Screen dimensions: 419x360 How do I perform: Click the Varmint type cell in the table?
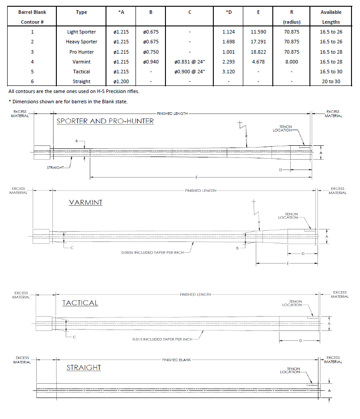[81, 62]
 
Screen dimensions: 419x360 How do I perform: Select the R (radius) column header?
[292, 17]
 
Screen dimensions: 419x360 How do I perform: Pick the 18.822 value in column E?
[258, 52]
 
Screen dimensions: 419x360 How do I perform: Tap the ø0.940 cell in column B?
[151, 62]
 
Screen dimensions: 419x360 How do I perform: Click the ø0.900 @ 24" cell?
[190, 72]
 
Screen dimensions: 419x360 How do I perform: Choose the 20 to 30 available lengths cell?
[331, 81]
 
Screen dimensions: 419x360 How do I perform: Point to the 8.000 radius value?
[292, 62]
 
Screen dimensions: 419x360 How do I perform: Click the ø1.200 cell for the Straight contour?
[121, 81]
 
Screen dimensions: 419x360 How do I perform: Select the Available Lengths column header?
[331, 17]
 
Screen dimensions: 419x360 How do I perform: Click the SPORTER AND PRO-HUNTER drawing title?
[105, 121]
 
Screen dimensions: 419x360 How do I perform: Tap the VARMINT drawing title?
[85, 203]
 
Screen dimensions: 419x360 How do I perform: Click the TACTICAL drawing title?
[80, 303]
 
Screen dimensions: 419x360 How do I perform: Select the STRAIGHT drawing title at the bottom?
[84, 368]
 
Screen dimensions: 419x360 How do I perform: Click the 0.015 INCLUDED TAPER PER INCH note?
[162, 339]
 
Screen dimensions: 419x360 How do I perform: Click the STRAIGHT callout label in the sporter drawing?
[55, 168]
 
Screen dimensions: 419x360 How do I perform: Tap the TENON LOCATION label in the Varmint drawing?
[288, 216]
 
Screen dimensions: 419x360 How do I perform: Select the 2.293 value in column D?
[229, 62]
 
